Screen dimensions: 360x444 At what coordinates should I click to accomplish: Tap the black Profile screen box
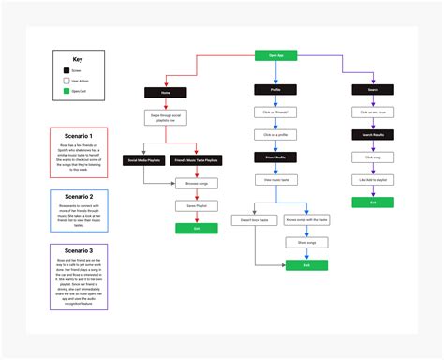point(275,91)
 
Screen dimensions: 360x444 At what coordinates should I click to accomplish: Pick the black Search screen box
point(372,91)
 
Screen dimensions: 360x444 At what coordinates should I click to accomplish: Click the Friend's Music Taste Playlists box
point(197,160)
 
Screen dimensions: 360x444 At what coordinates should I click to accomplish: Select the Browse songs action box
point(196,183)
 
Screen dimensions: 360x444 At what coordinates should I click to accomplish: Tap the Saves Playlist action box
point(196,205)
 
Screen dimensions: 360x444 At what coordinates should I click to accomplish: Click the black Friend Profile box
point(275,157)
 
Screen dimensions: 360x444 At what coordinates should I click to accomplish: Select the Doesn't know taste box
point(253,220)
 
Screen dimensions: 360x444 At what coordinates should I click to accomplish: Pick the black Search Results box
point(372,135)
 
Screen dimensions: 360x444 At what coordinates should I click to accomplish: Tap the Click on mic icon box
point(372,112)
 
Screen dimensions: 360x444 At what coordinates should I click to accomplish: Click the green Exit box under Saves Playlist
point(196,228)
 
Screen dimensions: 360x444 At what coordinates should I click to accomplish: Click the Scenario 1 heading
point(78,135)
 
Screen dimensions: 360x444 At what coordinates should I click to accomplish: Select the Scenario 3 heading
point(78,251)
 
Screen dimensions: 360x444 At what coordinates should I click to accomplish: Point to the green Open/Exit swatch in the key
point(66,91)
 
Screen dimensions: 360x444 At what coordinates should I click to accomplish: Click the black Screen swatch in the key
point(66,70)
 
